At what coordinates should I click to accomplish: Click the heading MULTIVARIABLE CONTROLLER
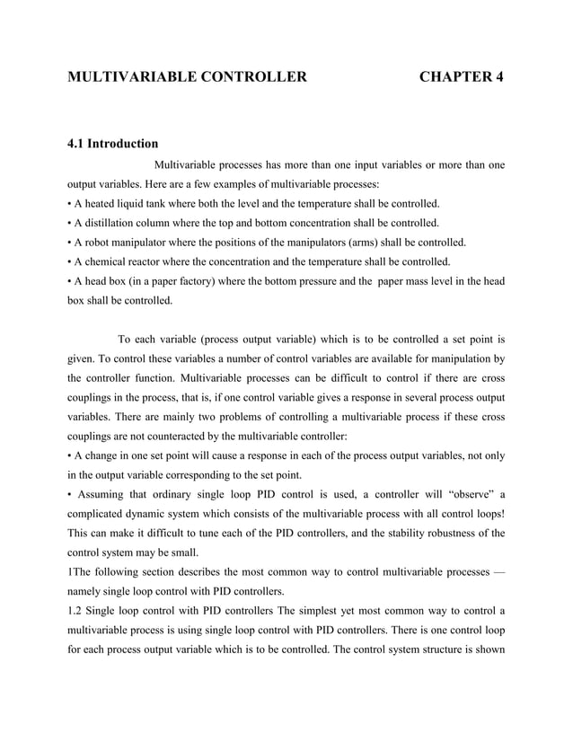(x=188, y=77)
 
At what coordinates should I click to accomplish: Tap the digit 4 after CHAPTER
(x=498, y=77)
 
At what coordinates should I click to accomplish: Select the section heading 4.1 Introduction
(x=113, y=144)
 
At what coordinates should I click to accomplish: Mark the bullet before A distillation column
(x=71, y=223)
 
